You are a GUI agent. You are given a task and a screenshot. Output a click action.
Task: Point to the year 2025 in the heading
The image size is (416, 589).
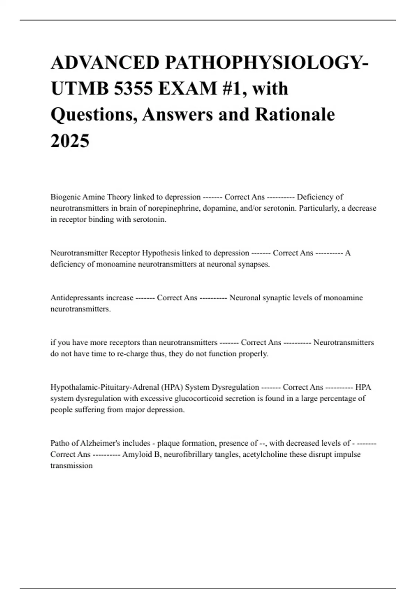tap(70, 141)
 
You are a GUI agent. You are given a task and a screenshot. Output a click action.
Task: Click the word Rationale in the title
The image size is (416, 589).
tap(295, 114)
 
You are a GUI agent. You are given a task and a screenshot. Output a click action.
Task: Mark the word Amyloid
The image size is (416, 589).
tap(135, 454)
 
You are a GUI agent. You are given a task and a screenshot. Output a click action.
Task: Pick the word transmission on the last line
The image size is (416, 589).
tap(71, 466)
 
